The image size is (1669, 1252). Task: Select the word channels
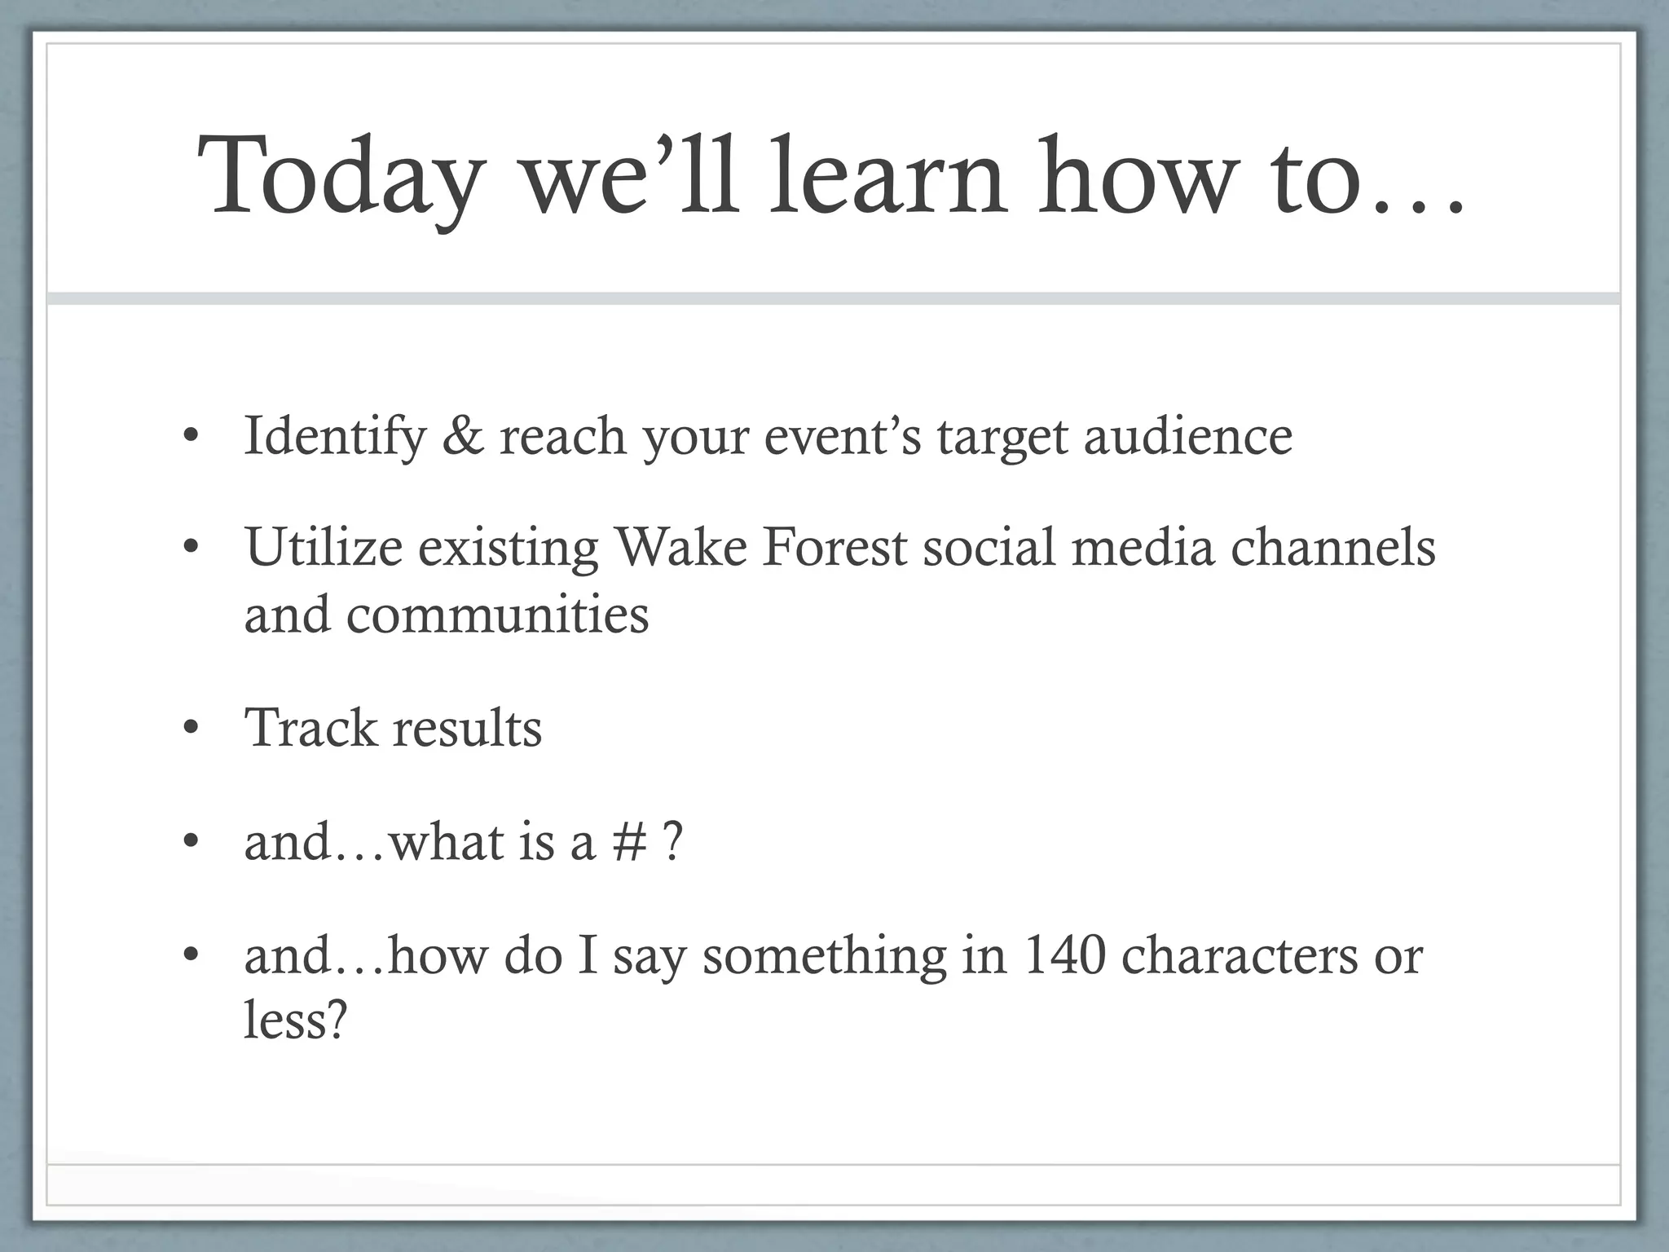1332,547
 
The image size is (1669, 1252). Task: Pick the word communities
497,615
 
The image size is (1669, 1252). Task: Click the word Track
310,728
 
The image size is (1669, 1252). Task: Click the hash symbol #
628,842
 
